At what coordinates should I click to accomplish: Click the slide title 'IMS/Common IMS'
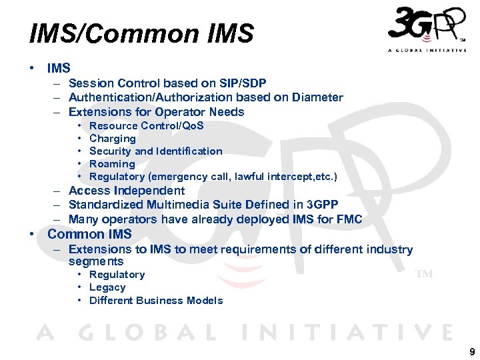tap(141, 33)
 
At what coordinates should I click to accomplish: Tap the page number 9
tap(472, 351)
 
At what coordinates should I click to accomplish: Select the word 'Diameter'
tap(316, 97)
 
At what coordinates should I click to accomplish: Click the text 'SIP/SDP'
tap(243, 83)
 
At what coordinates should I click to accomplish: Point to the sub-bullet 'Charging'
tap(112, 139)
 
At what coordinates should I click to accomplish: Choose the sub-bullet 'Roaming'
tap(112, 164)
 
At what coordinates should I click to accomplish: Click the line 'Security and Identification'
tap(155, 151)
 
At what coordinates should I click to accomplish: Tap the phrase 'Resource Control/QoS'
tap(146, 126)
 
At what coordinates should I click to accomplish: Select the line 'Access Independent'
tap(127, 191)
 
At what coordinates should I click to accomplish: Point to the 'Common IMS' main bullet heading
tap(89, 234)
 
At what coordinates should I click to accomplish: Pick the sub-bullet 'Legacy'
tap(107, 287)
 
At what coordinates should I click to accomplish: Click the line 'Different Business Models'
tap(155, 300)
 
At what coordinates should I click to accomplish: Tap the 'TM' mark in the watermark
tap(424, 274)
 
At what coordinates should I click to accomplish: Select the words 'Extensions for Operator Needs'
tap(156, 112)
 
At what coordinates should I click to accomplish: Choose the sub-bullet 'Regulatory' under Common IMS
tap(117, 275)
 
